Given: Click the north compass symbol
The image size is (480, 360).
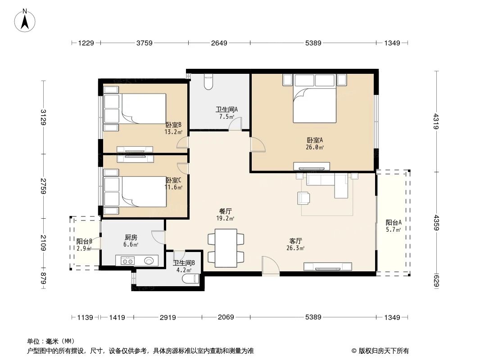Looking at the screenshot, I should (25, 20).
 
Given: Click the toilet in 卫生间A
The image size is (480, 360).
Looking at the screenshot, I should (208, 81).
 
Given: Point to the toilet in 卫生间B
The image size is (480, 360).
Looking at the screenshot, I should (190, 279).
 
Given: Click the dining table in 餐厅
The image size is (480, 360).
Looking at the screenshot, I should (226, 248).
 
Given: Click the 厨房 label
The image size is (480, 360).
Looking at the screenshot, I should (131, 238).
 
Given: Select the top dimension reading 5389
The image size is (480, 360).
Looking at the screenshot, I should (313, 43).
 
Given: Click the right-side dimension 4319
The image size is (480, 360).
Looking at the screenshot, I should (435, 121).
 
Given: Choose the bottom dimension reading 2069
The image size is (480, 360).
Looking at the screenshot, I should (226, 317).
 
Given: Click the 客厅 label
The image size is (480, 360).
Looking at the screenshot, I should (295, 241).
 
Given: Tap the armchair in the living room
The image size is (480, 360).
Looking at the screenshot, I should (303, 198).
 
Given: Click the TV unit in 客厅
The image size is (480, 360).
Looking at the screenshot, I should (327, 266).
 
